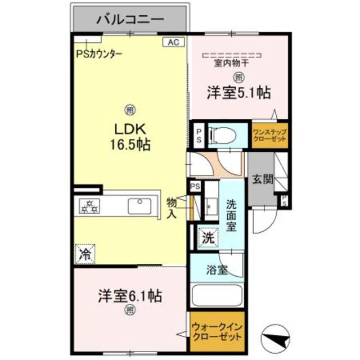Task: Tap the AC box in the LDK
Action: pyautogui.click(x=173, y=41)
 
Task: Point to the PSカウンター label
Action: pyautogui.click(x=100, y=55)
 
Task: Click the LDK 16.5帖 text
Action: pyautogui.click(x=129, y=137)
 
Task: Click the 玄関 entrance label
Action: pyautogui.click(x=262, y=179)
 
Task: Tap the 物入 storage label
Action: pyautogui.click(x=172, y=208)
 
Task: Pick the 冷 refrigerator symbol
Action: pyautogui.click(x=85, y=254)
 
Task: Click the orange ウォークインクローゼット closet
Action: pyautogui.click(x=217, y=331)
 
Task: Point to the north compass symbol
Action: pyautogui.click(x=277, y=337)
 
